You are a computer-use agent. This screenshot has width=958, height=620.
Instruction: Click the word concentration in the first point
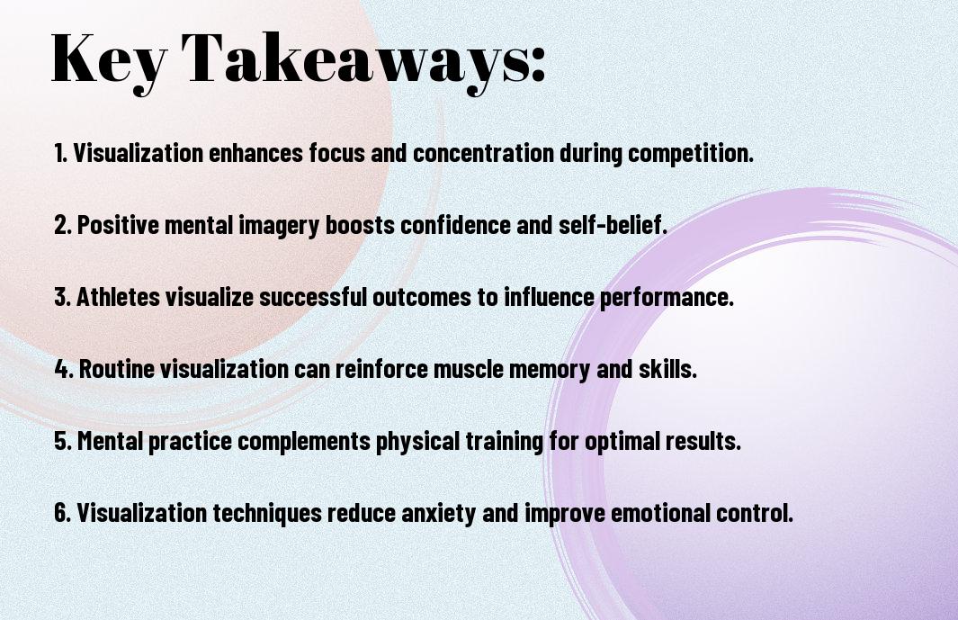coord(483,153)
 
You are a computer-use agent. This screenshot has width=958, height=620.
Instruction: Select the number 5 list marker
coord(62,441)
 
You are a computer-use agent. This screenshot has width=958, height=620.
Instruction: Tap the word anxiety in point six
coord(438,514)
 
